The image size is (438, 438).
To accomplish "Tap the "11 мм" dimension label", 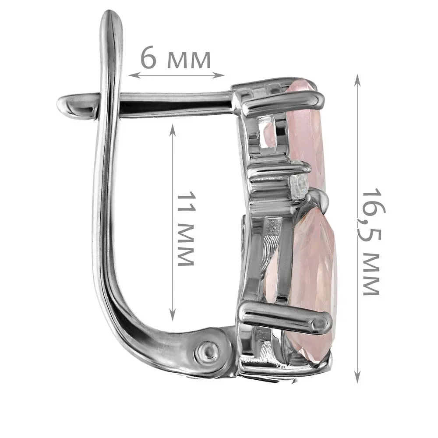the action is [185, 229].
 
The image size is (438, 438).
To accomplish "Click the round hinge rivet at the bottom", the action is [207, 350].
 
